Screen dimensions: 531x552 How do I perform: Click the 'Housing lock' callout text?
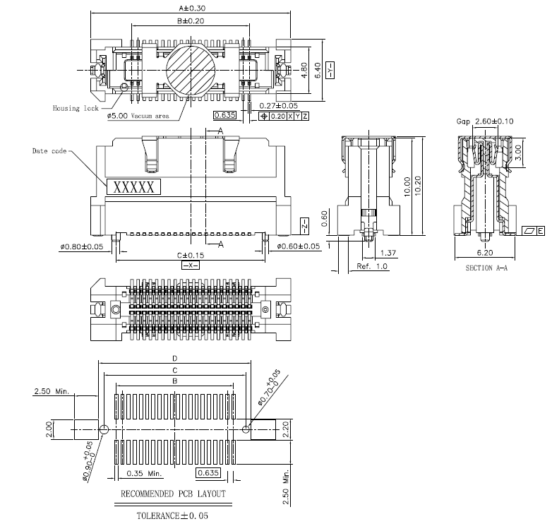(x=76, y=108)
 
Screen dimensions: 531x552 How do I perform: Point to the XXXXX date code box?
(x=134, y=187)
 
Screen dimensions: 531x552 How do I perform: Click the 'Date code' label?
(x=49, y=150)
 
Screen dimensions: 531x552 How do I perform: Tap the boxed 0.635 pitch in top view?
(x=224, y=115)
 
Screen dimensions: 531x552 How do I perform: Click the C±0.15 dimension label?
(x=190, y=255)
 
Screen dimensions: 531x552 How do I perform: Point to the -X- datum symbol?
(x=191, y=265)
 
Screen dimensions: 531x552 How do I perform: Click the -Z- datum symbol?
(x=304, y=225)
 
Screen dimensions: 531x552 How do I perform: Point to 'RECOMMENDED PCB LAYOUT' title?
(x=174, y=494)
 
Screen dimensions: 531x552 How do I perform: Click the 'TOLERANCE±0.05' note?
(x=173, y=515)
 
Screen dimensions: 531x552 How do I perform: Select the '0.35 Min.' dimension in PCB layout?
(x=144, y=472)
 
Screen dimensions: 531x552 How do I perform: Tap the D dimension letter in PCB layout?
(x=174, y=358)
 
